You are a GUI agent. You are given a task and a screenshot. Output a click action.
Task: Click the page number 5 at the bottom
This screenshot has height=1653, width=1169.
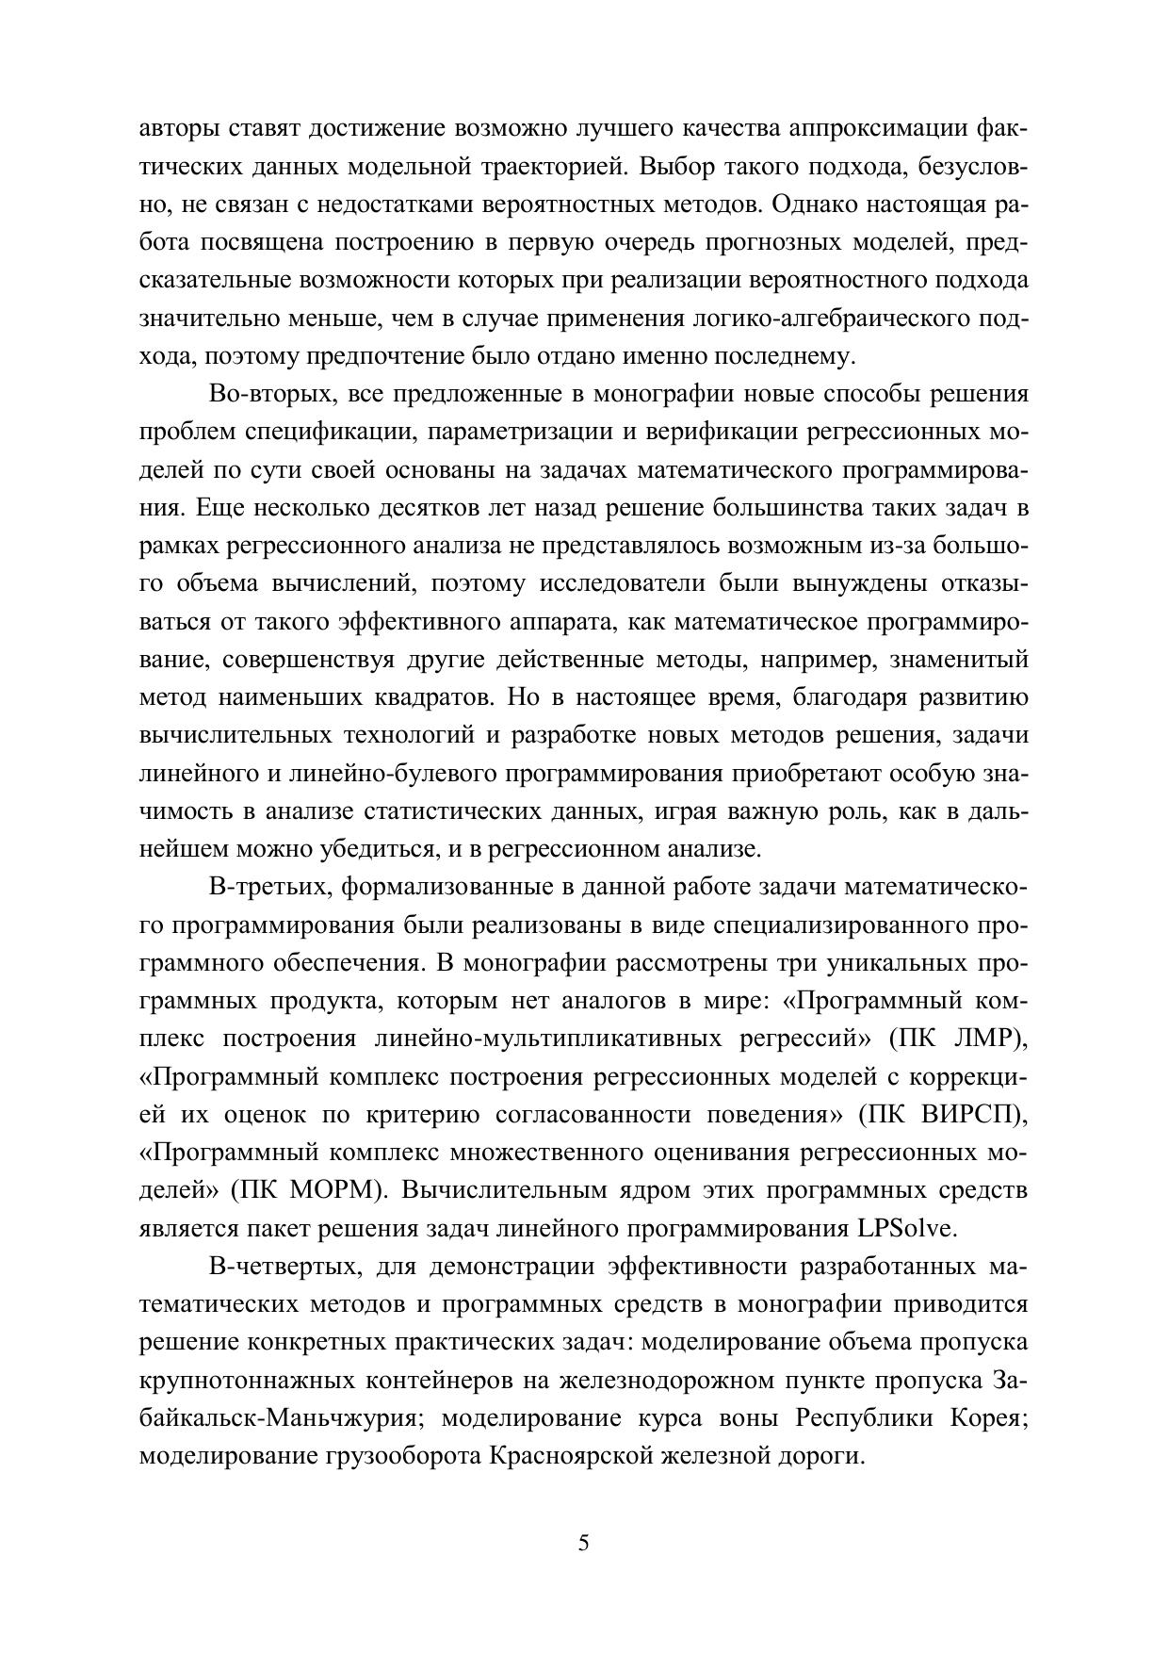tap(584, 1543)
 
